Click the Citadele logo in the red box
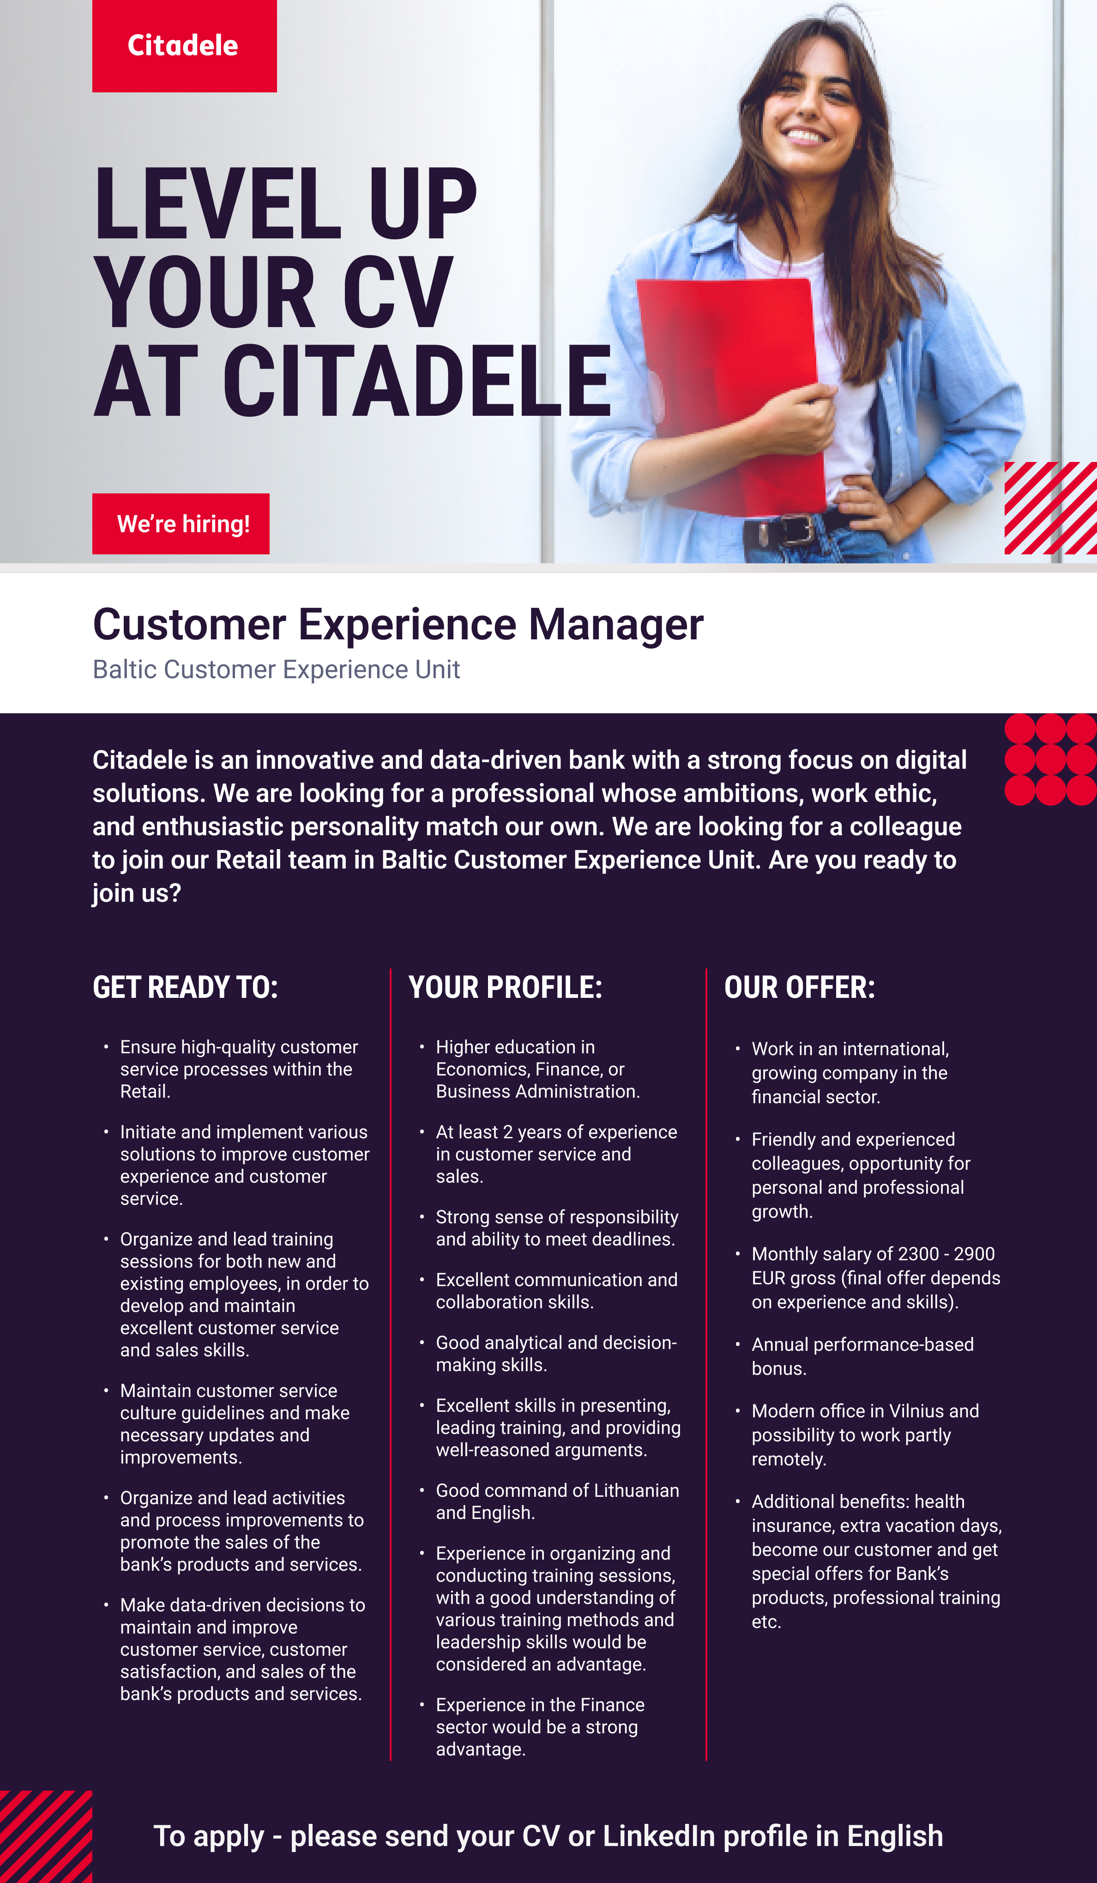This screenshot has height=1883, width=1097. click(x=183, y=46)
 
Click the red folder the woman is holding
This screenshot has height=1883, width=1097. click(x=732, y=396)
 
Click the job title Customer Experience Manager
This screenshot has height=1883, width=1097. click(x=398, y=625)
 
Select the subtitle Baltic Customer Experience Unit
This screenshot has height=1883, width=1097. click(x=276, y=669)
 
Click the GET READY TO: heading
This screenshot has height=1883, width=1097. click(x=185, y=987)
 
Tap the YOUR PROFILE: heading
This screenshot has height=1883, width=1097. click(x=506, y=987)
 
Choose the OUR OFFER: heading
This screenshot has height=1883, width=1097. click(x=800, y=987)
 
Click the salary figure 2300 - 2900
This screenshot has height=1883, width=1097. click(x=946, y=1254)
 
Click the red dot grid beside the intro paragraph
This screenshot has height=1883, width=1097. click(x=1051, y=759)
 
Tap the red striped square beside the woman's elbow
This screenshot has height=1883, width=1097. click(x=1051, y=508)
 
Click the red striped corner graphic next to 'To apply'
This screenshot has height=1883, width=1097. click(x=46, y=1837)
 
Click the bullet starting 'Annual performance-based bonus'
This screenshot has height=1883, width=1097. click(x=862, y=1356)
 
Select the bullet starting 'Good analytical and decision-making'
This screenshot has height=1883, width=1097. click(x=556, y=1353)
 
